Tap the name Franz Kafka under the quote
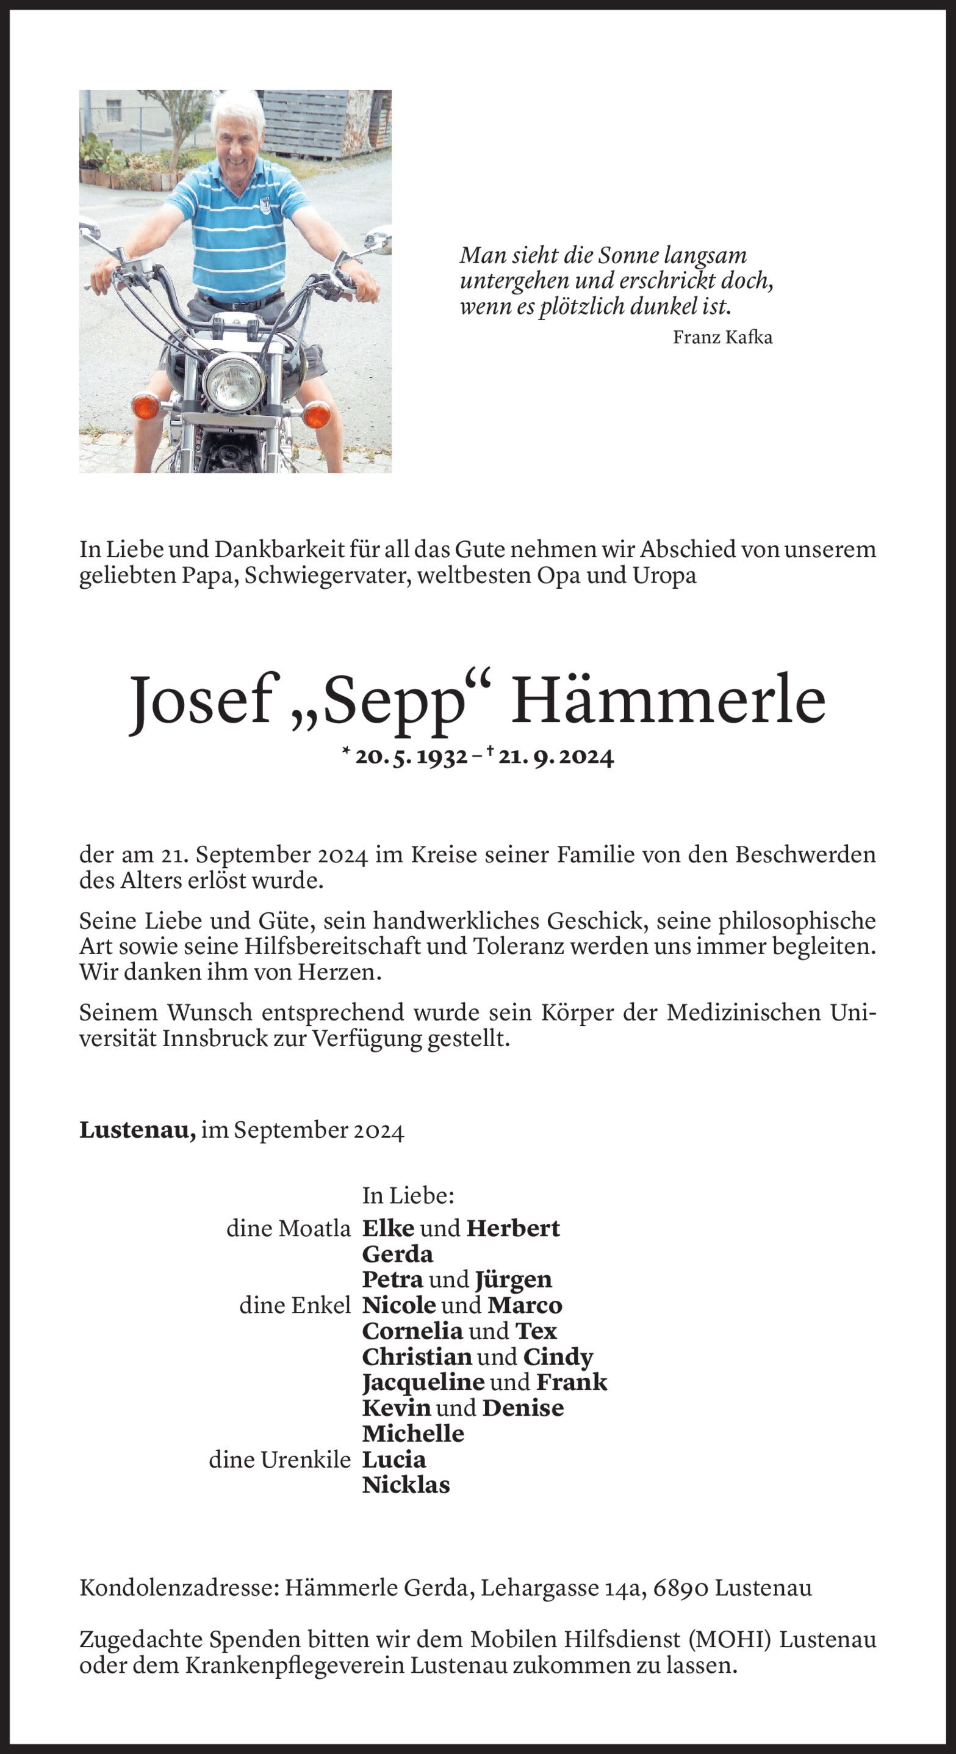[x=722, y=337]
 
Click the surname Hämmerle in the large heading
[x=668, y=700]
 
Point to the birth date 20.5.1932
[x=411, y=757]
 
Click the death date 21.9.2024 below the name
[x=555, y=757]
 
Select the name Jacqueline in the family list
[x=423, y=1381]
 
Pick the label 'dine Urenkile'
[x=279, y=1459]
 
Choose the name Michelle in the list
[x=412, y=1433]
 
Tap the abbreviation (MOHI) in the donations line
[x=730, y=1640]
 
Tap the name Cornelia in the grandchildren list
[x=412, y=1331]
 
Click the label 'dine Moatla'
[x=289, y=1228]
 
